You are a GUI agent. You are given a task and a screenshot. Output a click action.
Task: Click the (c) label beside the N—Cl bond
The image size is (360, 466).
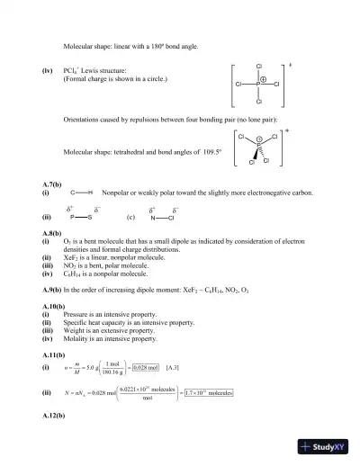point(131,217)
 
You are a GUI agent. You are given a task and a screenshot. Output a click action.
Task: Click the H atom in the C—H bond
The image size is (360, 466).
point(90,193)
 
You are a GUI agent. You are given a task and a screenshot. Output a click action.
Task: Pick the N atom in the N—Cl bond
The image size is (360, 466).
point(154,218)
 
